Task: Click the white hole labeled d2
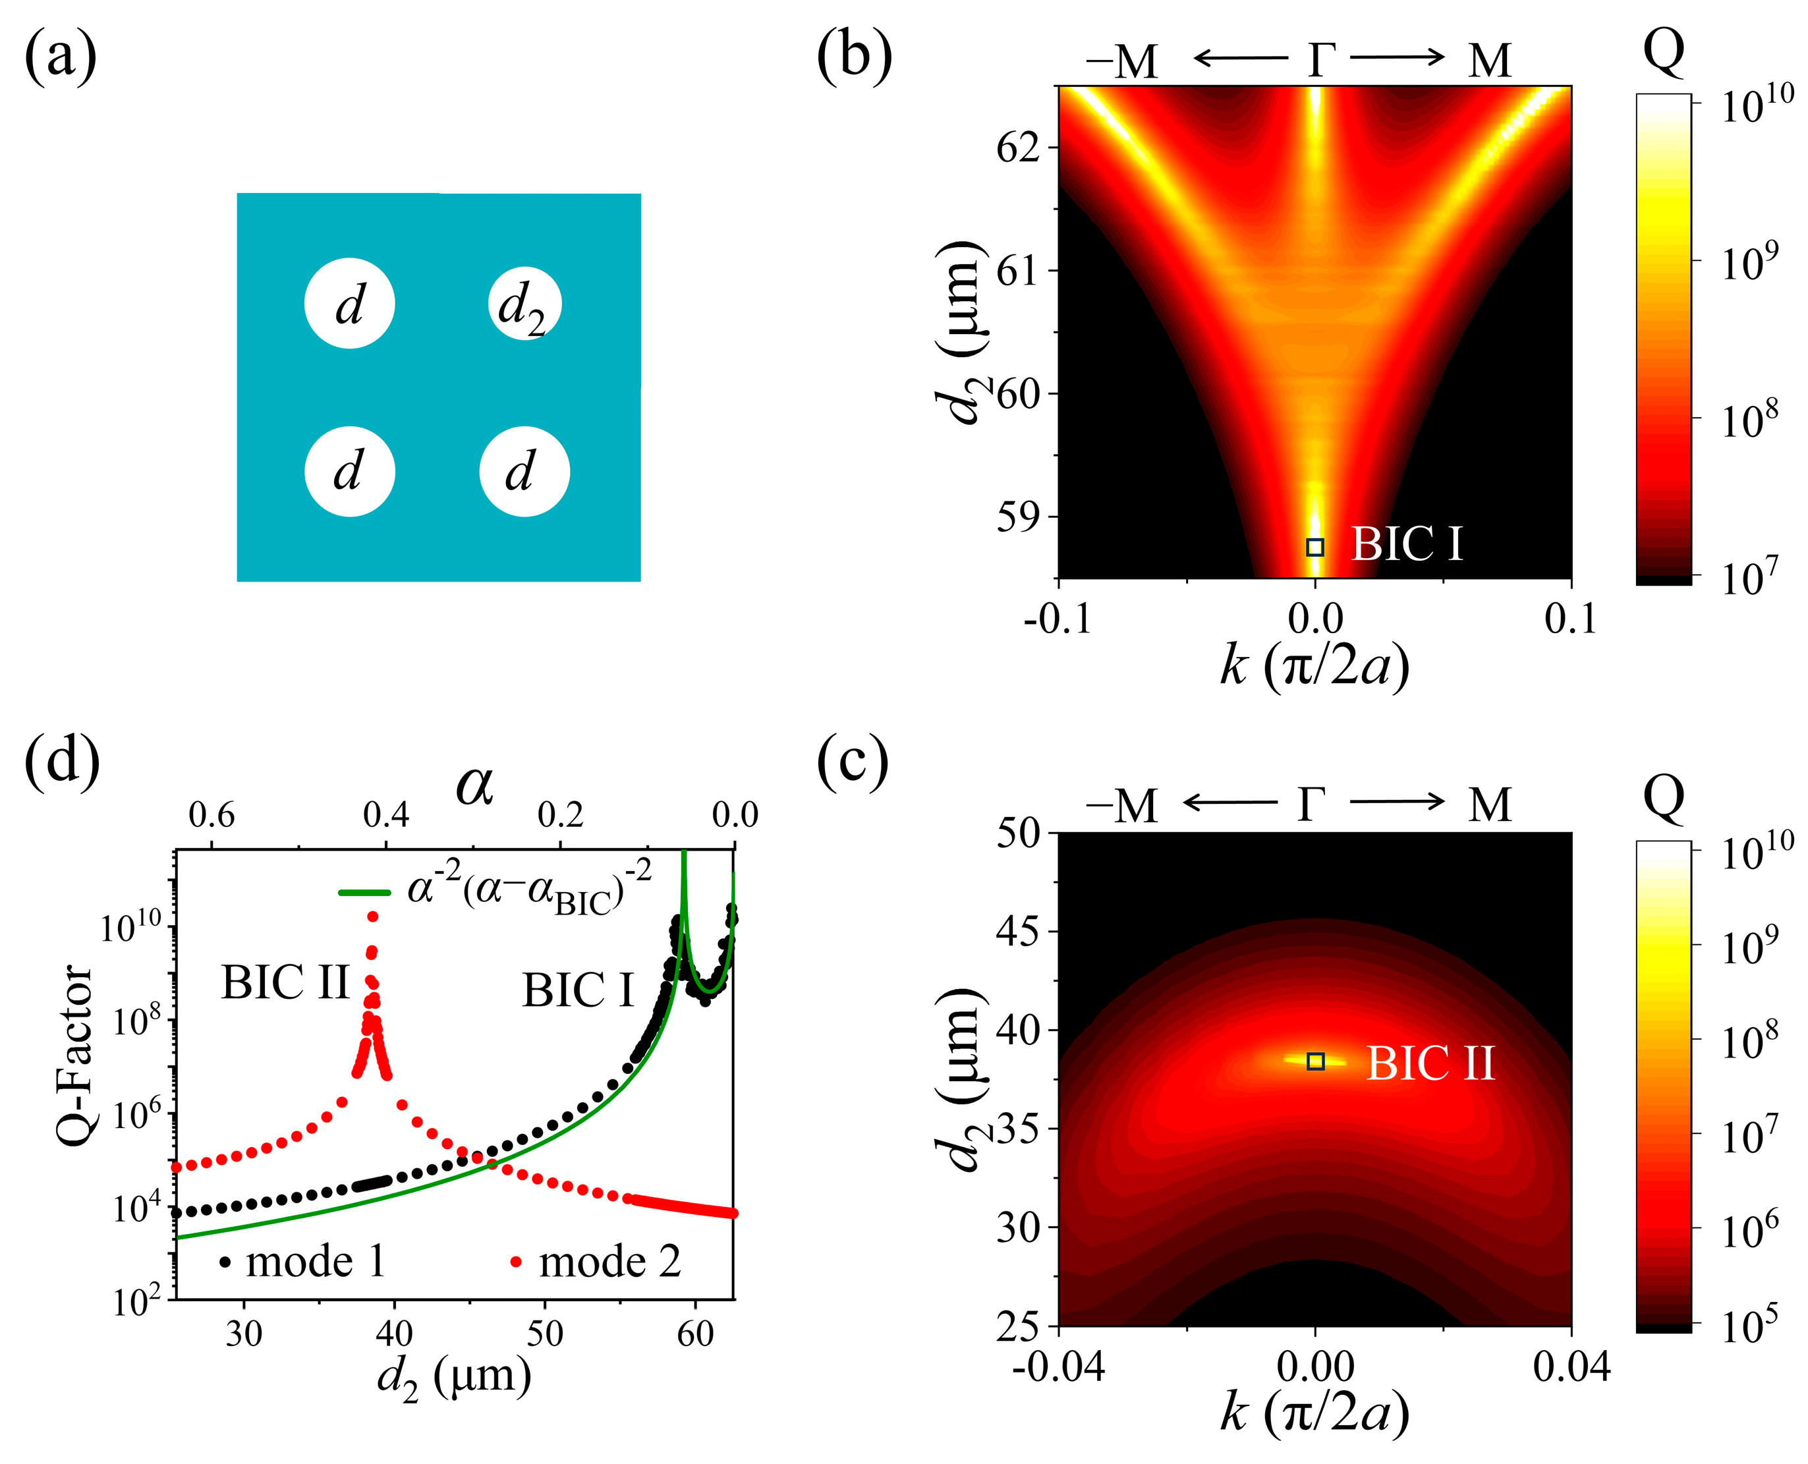(x=524, y=304)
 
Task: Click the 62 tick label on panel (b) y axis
(x=1018, y=148)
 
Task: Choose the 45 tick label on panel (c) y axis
(x=1019, y=932)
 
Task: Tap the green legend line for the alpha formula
(x=364, y=892)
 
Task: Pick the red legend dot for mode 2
(x=516, y=1262)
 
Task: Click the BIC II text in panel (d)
(x=285, y=982)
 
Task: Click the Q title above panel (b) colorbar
(x=1664, y=52)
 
